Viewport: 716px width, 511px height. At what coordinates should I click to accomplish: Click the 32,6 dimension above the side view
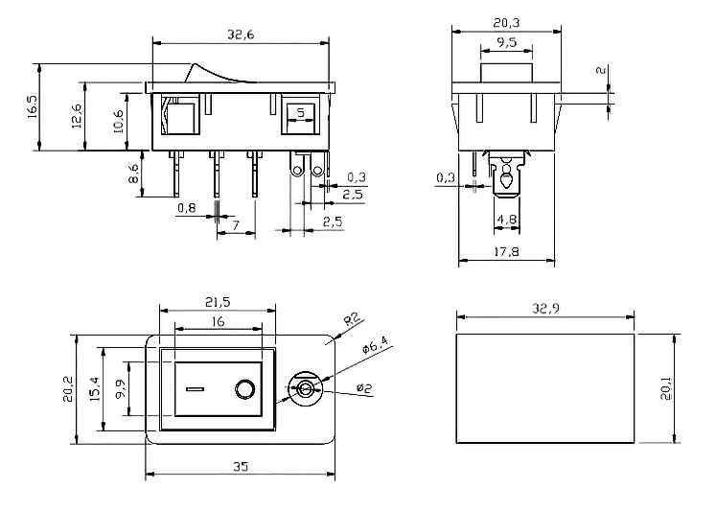[240, 34]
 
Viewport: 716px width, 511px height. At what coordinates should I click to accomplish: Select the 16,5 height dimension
[32, 106]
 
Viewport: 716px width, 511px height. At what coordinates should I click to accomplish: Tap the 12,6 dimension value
[77, 116]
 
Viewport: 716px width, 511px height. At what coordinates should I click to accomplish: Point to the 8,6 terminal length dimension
[133, 174]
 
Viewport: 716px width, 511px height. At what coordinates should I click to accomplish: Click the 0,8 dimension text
[186, 208]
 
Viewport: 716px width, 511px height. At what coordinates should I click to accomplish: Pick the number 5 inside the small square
[301, 113]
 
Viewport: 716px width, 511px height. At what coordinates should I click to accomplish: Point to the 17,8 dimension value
[507, 252]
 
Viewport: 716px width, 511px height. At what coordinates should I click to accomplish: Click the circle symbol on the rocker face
[243, 389]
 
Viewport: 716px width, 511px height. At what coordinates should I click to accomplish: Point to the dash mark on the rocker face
[196, 389]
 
